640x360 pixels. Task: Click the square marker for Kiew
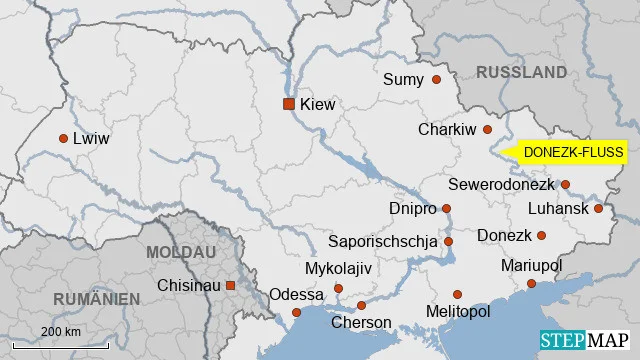coord(288,104)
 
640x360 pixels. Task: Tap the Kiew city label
coord(317,104)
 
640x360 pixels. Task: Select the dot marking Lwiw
coord(63,139)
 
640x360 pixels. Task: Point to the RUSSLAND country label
coord(521,72)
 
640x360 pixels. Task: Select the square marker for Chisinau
coord(231,286)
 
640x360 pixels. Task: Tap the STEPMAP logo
coord(585,341)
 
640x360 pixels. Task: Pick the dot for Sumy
coord(436,79)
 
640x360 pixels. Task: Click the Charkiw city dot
coord(488,129)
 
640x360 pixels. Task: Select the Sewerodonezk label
coord(501,185)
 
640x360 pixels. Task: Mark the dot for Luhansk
coord(598,208)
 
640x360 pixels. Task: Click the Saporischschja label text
coord(383,241)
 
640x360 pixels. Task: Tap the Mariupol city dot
coord(531,284)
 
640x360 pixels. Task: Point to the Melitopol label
coord(457,312)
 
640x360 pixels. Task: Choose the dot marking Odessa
coord(296,312)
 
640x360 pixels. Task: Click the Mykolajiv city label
coord(338,270)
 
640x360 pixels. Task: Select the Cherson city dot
coord(361,305)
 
